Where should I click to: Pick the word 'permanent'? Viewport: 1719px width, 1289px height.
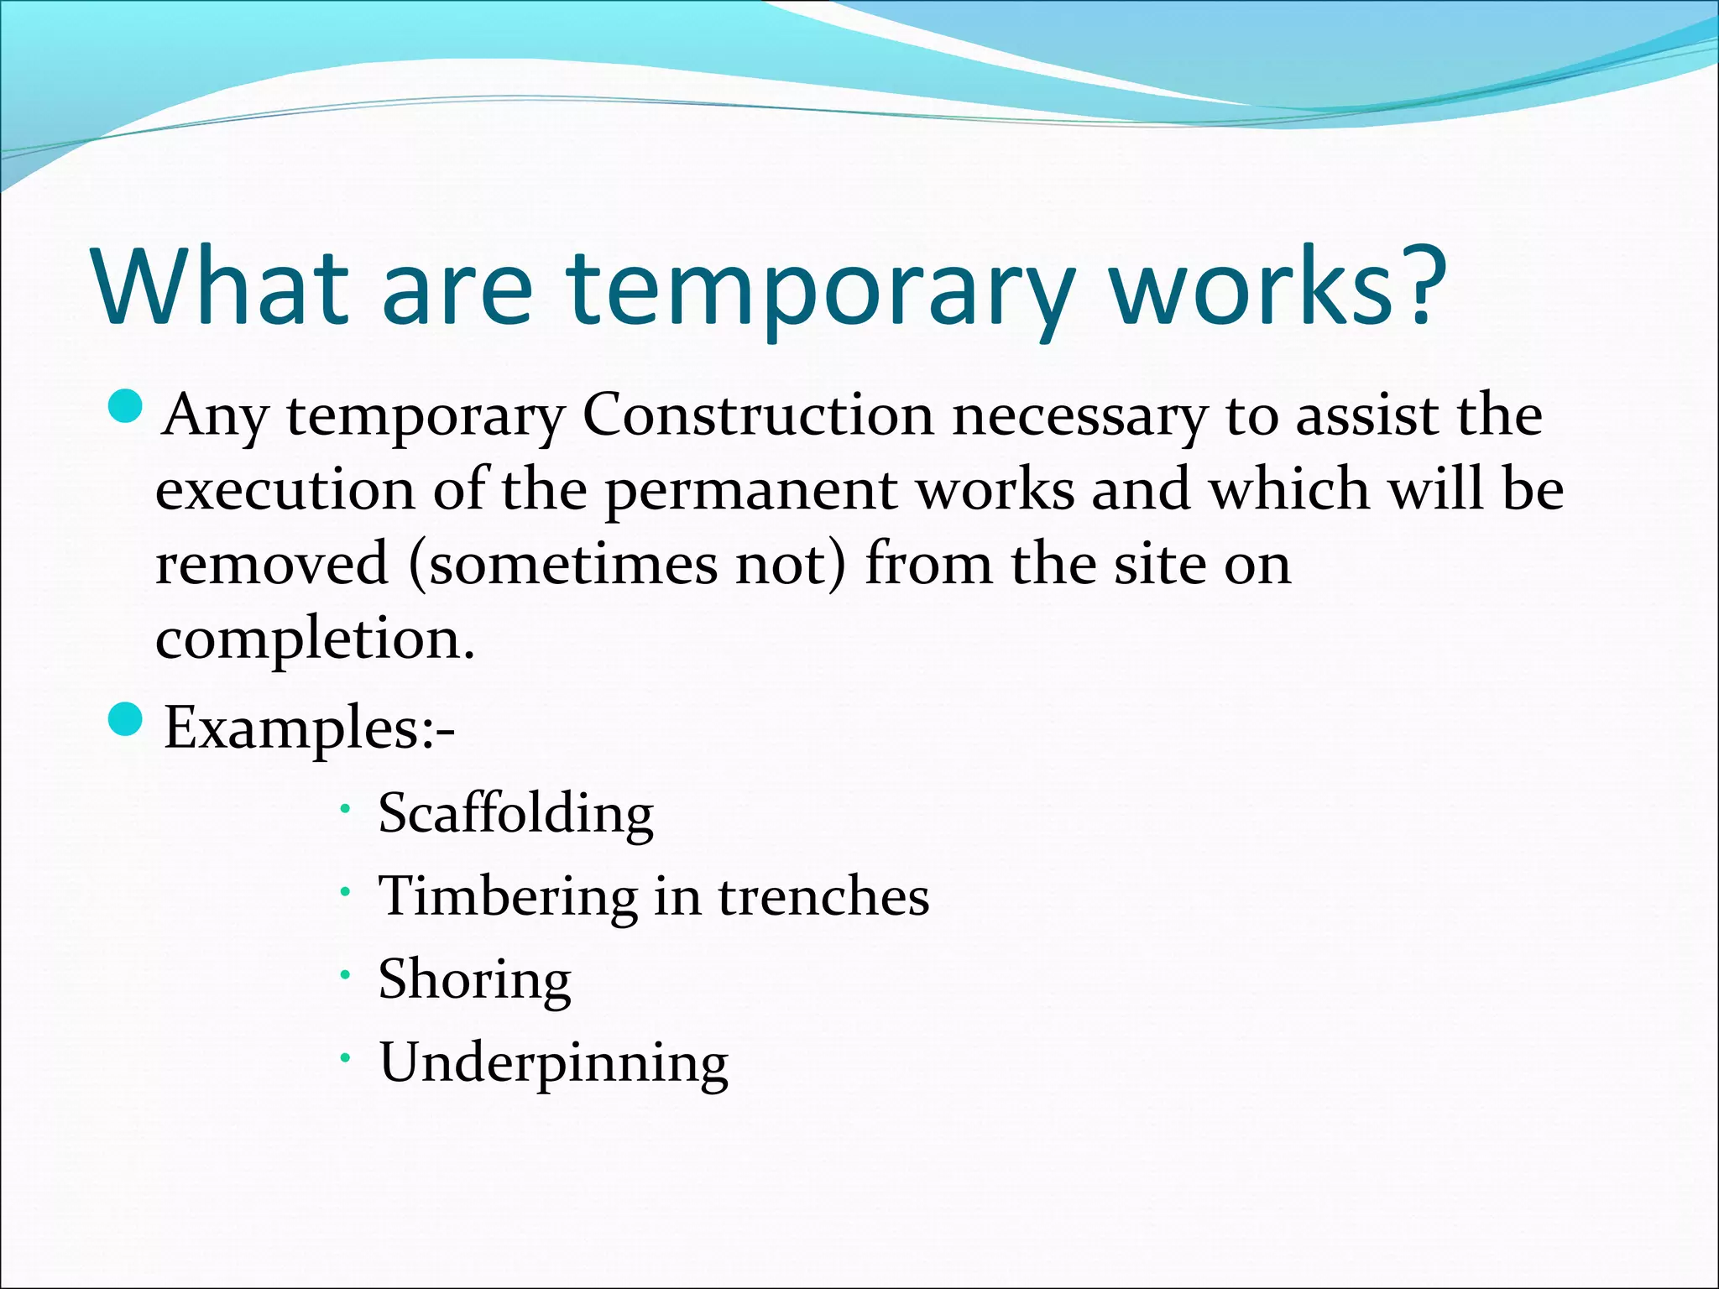pos(751,494)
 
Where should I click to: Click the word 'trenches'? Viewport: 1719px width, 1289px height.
pos(823,895)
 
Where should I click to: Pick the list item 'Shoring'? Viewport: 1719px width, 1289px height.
pos(475,979)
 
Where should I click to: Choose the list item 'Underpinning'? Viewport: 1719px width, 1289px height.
pos(554,1063)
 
